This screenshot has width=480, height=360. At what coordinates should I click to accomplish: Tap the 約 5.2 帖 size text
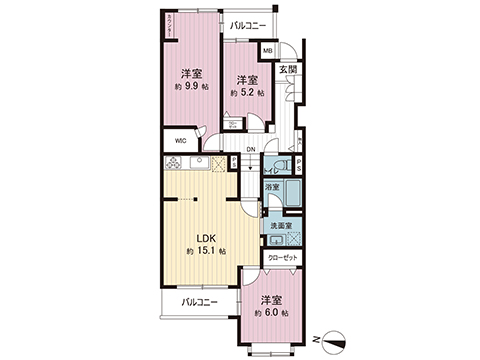point(247,93)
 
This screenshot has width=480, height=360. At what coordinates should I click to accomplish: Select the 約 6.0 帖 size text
point(272,313)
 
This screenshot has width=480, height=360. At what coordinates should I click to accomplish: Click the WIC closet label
point(181,141)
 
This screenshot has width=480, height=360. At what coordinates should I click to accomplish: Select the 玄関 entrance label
point(288,68)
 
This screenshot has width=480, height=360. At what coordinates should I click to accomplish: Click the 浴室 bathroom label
point(272,188)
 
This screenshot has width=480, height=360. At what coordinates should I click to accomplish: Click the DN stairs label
point(252,150)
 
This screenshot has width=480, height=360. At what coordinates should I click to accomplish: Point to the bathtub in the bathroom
point(292,192)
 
